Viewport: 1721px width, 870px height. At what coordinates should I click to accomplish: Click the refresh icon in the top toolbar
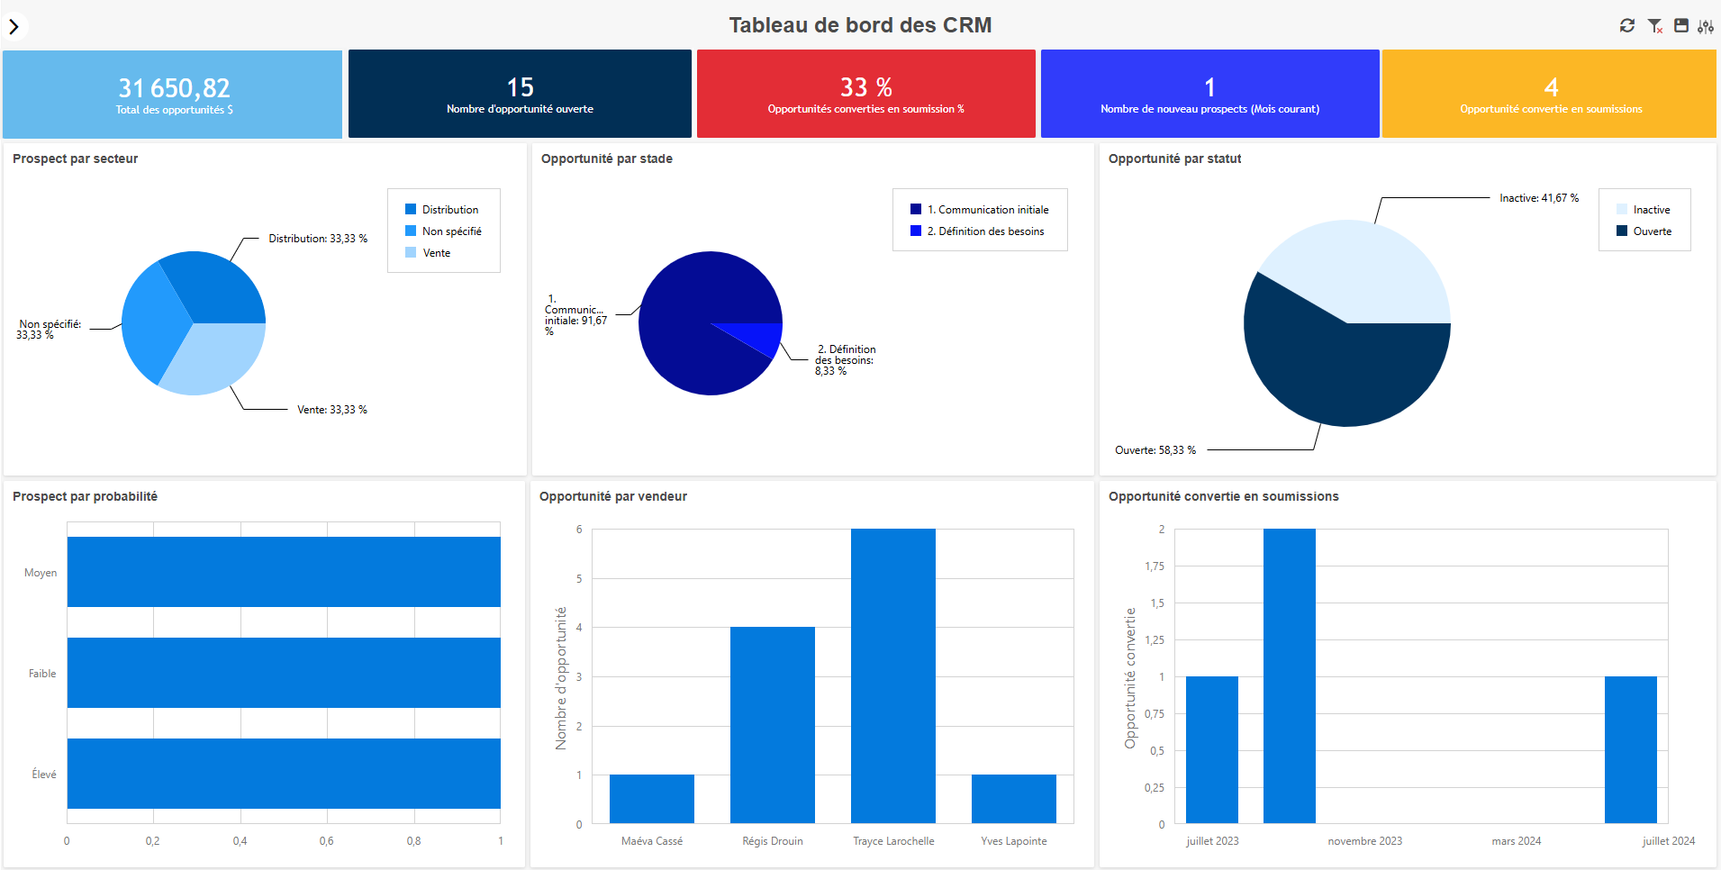click(x=1626, y=26)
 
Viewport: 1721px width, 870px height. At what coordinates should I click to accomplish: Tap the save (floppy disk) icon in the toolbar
click(x=1680, y=26)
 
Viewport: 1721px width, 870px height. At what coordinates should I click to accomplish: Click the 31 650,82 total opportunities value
click(x=174, y=88)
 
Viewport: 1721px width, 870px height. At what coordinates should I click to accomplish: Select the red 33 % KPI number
click(x=865, y=87)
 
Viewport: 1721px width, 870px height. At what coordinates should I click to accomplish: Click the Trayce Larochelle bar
click(x=892, y=675)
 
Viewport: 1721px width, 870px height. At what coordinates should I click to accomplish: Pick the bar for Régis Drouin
click(x=772, y=725)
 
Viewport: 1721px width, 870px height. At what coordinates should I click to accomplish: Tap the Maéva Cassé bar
click(x=651, y=799)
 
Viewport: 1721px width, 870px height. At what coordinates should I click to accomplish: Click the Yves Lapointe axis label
click(x=1013, y=841)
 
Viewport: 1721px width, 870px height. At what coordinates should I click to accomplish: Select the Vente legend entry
click(x=436, y=253)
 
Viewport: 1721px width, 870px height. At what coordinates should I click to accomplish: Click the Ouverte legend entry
click(x=1652, y=231)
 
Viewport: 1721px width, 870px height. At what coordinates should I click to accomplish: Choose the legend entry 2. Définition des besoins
click(x=985, y=231)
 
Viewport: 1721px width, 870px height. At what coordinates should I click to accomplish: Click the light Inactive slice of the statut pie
click(x=1360, y=270)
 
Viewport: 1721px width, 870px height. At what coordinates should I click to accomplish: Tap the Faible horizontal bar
click(x=284, y=673)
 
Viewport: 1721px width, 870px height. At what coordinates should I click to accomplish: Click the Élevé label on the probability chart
click(x=43, y=775)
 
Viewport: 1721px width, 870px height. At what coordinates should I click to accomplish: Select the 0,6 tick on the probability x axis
click(x=326, y=841)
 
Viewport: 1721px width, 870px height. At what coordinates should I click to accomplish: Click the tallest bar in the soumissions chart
click(x=1289, y=675)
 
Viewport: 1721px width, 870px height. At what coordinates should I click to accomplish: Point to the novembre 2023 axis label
click(x=1364, y=841)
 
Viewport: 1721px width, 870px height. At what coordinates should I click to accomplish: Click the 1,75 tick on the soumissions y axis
click(x=1154, y=566)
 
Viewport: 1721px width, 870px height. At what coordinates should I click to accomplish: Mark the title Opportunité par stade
click(x=606, y=159)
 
